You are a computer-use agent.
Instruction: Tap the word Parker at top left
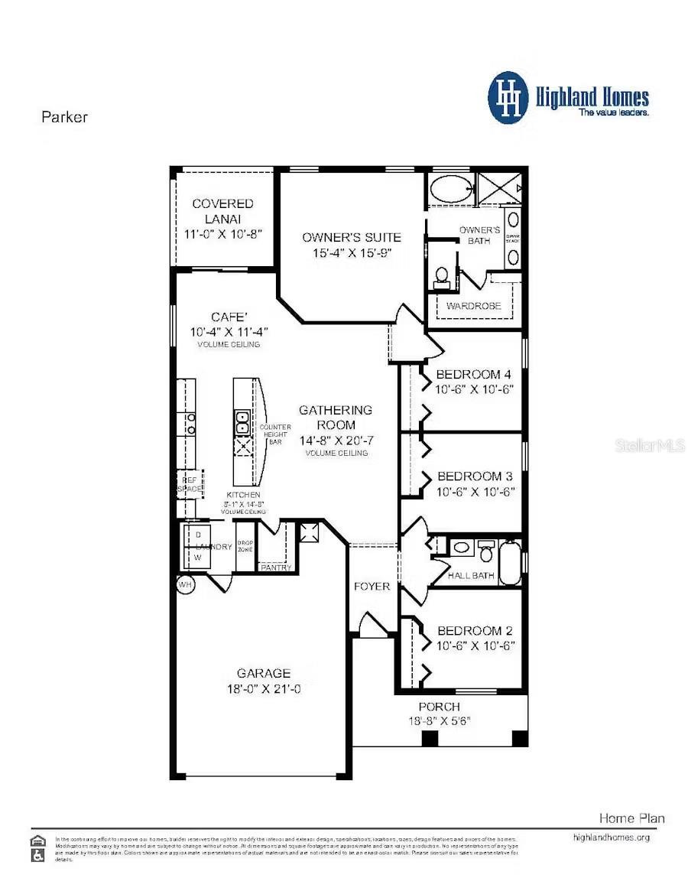pos(64,117)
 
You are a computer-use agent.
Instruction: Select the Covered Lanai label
pos(222,210)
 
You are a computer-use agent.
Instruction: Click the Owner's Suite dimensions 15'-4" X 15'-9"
pos(351,253)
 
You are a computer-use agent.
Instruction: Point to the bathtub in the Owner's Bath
pos(450,188)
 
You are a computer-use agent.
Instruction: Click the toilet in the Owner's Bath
pos(441,276)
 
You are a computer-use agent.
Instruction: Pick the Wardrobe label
pos(474,306)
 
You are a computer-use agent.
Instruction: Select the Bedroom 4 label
pos(473,375)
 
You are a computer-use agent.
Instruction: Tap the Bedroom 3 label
pos(474,476)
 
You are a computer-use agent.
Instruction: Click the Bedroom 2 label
pos(475,631)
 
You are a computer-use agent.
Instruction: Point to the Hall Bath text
pos(471,575)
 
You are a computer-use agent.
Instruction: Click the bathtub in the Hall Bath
pos(510,563)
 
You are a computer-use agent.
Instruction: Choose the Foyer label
pos(372,587)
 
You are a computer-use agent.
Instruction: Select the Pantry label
pos(275,567)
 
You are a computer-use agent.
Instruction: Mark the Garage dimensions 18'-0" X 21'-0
pos(263,688)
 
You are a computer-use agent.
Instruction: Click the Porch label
pos(439,707)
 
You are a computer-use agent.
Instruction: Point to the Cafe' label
pos(229,317)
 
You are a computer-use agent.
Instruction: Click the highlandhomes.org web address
pos(611,837)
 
